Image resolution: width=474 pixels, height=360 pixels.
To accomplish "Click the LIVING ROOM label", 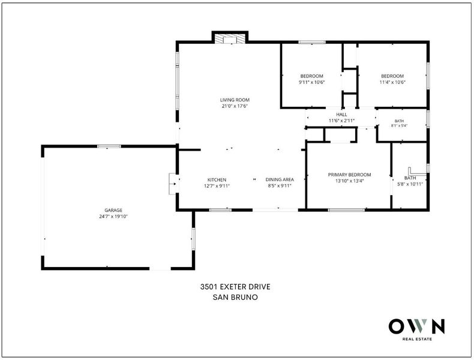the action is (x=235, y=100).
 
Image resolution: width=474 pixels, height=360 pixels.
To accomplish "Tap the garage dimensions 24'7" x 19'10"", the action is (x=113, y=217).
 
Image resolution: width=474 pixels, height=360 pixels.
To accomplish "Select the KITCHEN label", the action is (x=217, y=180).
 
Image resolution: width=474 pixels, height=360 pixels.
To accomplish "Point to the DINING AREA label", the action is (x=280, y=179).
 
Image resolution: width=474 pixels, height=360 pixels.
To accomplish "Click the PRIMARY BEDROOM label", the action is (x=349, y=175).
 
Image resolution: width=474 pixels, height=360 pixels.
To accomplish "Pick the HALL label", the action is (x=341, y=115).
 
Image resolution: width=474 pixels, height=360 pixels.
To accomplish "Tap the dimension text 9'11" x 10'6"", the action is (x=311, y=82).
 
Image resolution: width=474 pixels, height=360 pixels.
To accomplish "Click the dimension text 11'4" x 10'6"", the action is (x=392, y=82).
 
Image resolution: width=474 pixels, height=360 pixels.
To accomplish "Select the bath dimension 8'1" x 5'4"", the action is (x=400, y=126).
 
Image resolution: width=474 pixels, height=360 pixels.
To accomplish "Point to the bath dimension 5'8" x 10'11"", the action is (x=410, y=184).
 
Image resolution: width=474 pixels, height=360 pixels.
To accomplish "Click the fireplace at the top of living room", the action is (x=230, y=38).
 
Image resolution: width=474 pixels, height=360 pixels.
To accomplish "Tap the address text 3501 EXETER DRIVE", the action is (x=235, y=287).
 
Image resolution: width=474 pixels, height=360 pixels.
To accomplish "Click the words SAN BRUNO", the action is (x=235, y=297).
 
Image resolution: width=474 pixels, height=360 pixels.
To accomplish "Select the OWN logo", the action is (x=417, y=326).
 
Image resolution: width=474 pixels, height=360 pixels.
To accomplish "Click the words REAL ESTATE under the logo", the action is (x=417, y=339).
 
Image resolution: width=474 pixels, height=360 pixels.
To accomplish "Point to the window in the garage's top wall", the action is (x=109, y=146).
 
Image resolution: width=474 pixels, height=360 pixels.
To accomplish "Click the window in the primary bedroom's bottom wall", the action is (x=346, y=210).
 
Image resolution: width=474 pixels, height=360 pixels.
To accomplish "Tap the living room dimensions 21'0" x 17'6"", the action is (x=235, y=106).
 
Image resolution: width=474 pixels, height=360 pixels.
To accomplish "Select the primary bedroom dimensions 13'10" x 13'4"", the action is (x=349, y=181).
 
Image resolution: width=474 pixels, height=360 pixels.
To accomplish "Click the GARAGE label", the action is (x=113, y=211).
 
